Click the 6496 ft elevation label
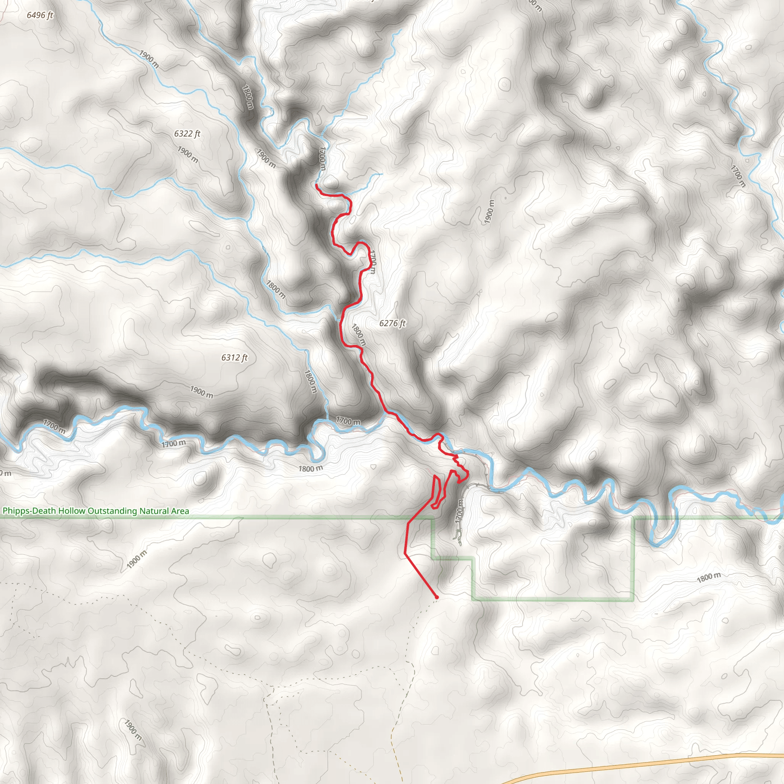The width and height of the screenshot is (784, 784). click(x=40, y=15)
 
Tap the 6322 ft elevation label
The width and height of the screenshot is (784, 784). click(x=187, y=134)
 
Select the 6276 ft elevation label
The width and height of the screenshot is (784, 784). click(x=392, y=323)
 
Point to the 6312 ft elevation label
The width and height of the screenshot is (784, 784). click(x=234, y=358)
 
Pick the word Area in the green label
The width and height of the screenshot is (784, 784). click(x=180, y=511)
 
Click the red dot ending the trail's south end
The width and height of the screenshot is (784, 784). click(x=437, y=597)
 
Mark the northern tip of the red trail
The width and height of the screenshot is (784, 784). click(x=317, y=185)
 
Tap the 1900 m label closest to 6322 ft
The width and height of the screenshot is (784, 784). click(x=188, y=155)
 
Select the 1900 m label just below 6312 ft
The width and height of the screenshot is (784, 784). click(x=202, y=392)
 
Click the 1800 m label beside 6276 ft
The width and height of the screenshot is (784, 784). click(x=359, y=335)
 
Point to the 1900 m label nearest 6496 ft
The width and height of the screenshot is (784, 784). click(x=149, y=59)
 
